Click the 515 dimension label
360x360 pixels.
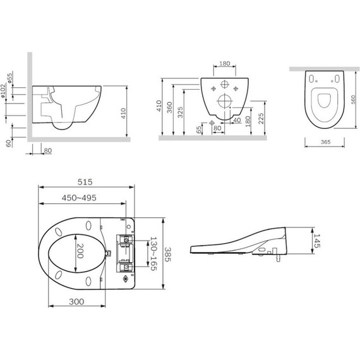click(85, 182)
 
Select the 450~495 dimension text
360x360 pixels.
click(79, 198)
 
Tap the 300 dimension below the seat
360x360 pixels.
click(76, 302)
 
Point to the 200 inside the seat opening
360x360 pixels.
click(80, 251)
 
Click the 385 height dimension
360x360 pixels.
click(168, 255)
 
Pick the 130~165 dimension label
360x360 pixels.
click(153, 253)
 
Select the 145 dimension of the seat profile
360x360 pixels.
click(316, 241)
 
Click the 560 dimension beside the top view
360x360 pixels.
click(353, 99)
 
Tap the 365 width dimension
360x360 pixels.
click(325, 142)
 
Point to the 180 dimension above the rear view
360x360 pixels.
click(225, 63)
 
